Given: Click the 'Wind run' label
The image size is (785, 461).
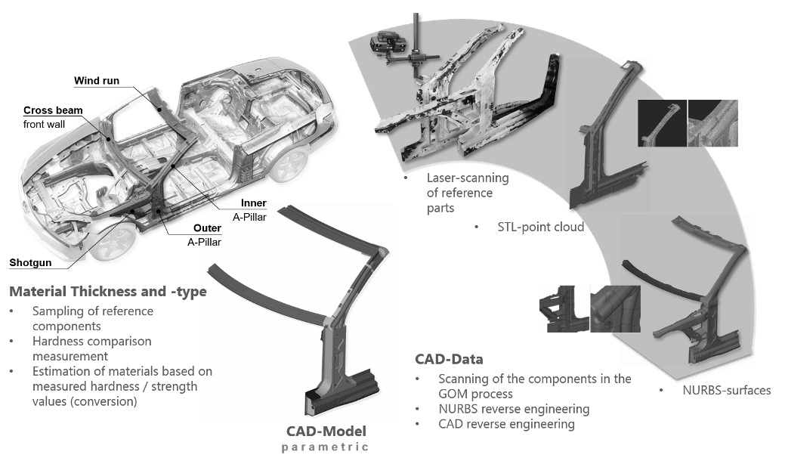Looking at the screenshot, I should (x=93, y=81).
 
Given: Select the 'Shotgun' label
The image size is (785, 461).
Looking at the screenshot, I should (x=30, y=263).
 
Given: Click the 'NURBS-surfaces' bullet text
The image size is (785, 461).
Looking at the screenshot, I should (x=725, y=391).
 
